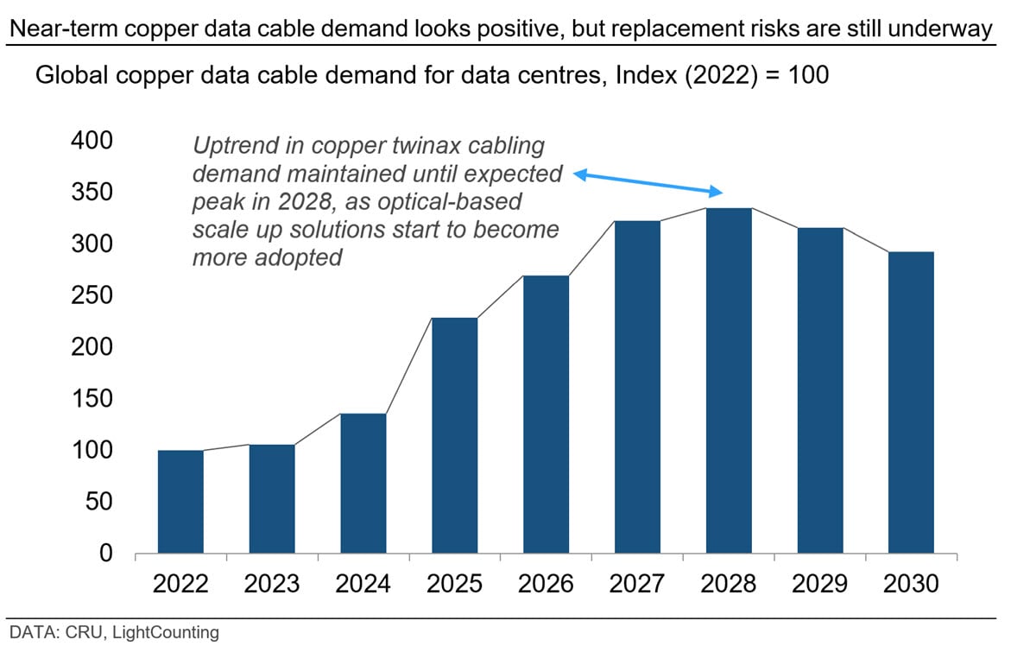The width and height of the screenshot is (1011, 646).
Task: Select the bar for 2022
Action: click(x=180, y=502)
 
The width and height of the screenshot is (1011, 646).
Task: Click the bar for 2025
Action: click(x=455, y=435)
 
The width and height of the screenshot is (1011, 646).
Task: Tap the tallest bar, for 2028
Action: click(x=729, y=380)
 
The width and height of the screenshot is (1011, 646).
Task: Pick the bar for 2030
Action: click(x=911, y=402)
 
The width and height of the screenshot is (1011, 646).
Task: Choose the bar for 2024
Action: click(x=363, y=483)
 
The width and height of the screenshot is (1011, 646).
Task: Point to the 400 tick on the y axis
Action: click(x=92, y=141)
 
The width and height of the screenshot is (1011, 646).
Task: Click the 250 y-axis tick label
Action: click(x=92, y=295)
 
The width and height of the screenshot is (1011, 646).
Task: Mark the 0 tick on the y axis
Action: click(x=105, y=554)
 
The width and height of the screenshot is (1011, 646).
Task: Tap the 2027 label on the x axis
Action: click(x=637, y=584)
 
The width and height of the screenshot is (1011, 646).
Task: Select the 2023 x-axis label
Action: click(x=272, y=584)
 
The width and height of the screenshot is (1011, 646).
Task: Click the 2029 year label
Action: click(x=819, y=584)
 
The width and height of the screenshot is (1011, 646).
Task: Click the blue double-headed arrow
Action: click(x=648, y=182)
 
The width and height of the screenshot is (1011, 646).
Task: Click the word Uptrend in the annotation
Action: click(x=235, y=147)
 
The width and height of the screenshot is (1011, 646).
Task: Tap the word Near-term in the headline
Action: click(x=65, y=28)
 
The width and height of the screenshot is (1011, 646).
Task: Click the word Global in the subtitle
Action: click(x=73, y=75)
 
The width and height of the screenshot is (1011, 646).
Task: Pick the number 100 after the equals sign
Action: click(x=809, y=75)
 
